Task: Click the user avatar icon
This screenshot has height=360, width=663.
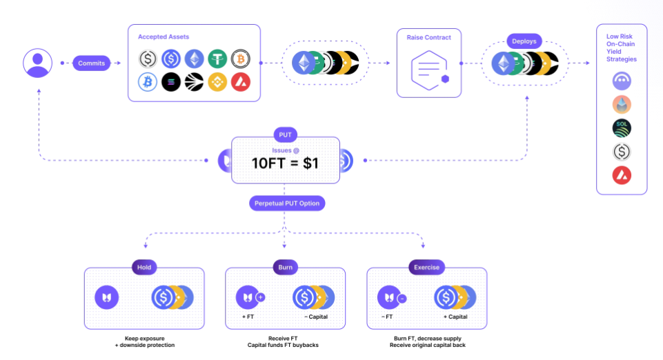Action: tap(37, 63)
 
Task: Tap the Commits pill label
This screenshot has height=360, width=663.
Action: tap(91, 63)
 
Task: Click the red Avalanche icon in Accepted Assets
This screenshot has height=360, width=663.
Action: tap(241, 83)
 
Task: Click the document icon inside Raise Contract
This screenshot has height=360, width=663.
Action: tap(428, 70)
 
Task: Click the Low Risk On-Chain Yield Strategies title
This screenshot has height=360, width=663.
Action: tap(622, 48)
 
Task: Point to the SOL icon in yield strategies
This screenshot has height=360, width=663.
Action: tap(622, 128)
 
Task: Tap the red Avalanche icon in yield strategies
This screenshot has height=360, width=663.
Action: tap(622, 175)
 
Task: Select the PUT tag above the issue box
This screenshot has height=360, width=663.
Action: tap(285, 134)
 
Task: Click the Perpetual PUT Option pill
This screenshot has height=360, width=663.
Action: tap(285, 203)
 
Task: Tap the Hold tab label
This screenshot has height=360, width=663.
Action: tap(144, 268)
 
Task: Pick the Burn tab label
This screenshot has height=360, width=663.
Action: tap(285, 268)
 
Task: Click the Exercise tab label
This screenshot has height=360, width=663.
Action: tap(426, 268)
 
